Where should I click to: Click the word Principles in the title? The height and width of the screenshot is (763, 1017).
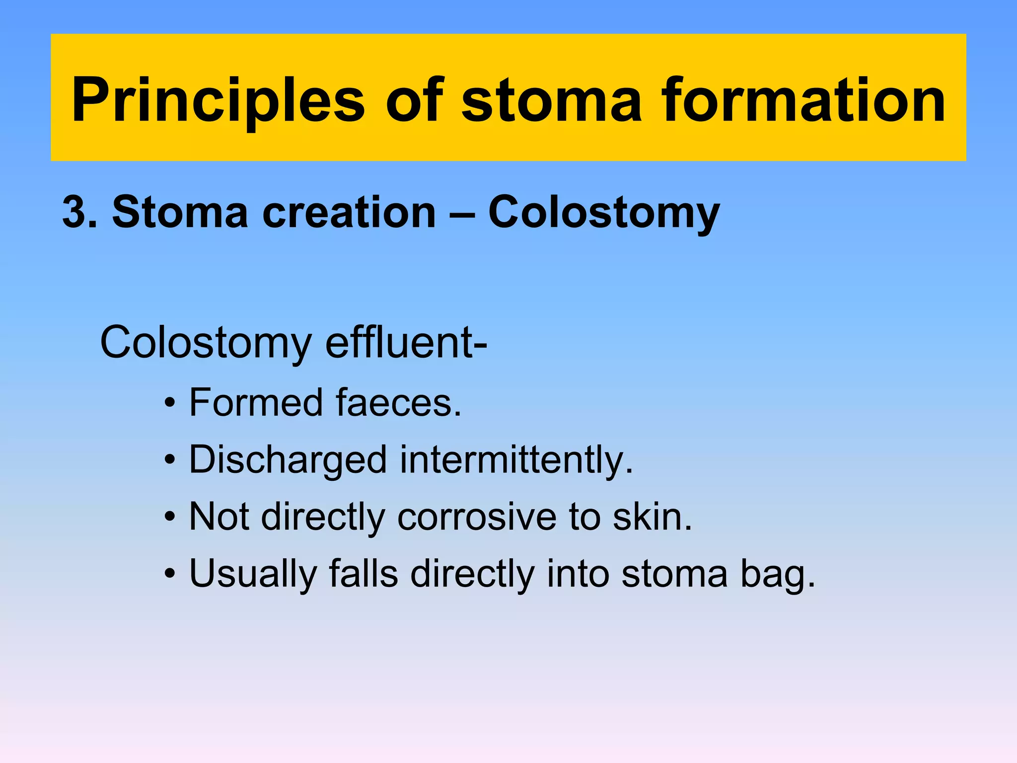point(218,101)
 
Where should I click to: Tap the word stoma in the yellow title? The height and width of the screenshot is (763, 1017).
point(551,101)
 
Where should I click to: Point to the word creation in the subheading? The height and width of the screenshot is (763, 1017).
point(349,213)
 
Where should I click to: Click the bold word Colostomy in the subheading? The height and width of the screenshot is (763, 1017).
point(604,213)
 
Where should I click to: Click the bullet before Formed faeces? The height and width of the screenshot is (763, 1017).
point(170,403)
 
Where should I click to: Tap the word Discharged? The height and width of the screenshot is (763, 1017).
point(288,459)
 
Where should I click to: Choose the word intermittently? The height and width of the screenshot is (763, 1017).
point(516,459)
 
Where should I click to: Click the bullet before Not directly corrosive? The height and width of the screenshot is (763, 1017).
point(170,517)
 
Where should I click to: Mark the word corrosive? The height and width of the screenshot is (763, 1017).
point(477,517)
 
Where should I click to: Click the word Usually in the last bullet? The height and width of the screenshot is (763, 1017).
point(253,574)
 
